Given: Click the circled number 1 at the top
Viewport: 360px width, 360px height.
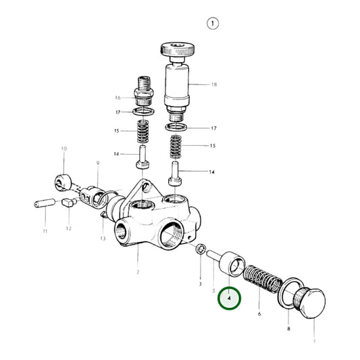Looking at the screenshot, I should click(x=213, y=24).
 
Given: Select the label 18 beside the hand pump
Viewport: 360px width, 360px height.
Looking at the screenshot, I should click(x=214, y=85).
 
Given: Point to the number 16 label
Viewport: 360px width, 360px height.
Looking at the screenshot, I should click(x=117, y=97).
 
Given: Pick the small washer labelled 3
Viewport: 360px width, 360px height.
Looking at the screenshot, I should click(x=200, y=251).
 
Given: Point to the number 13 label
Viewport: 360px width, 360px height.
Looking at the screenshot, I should click(x=103, y=238).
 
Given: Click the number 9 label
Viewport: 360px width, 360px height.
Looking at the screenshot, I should click(x=97, y=163).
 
